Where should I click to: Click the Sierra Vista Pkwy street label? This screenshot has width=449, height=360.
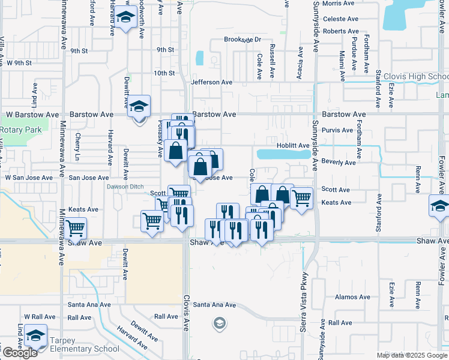pyautogui.click(x=304, y=308)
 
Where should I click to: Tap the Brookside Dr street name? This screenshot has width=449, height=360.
pyautogui.click(x=243, y=40)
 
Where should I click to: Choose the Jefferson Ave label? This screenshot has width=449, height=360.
pyautogui.click(x=211, y=82)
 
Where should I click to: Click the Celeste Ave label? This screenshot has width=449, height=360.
pyautogui.click(x=340, y=19)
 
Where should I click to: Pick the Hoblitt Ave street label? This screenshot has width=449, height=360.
pyautogui.click(x=292, y=145)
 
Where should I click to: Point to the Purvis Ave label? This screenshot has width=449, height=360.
pyautogui.click(x=337, y=130)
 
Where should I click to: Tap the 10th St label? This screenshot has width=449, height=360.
pyautogui.click(x=163, y=73)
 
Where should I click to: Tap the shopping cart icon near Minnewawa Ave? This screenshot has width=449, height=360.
pyautogui.click(x=76, y=228)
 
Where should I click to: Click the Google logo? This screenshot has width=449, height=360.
pyautogui.click(x=20, y=353)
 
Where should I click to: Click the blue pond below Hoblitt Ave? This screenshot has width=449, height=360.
pyautogui.click(x=279, y=154)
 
